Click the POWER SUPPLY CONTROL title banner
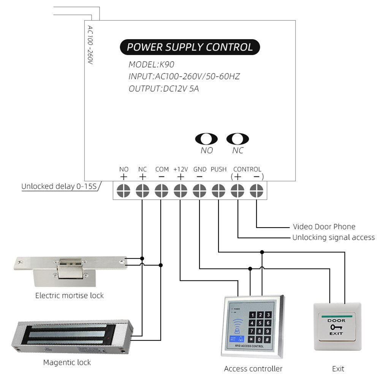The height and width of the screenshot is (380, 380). [x=190, y=47]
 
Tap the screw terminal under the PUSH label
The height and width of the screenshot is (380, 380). [x=218, y=190]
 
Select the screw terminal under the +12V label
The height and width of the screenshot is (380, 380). [x=180, y=190]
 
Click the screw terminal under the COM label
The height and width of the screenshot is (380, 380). [x=161, y=190]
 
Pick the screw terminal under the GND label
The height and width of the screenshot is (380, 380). [x=199, y=190]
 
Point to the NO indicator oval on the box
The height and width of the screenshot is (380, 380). [x=206, y=139]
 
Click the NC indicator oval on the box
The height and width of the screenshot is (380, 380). [x=237, y=139]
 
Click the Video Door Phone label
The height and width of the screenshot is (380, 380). [x=324, y=227]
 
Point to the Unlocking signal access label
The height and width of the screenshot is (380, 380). [x=333, y=237]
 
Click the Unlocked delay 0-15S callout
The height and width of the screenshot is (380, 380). [x=59, y=187]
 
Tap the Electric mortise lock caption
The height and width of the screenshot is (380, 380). [x=69, y=295]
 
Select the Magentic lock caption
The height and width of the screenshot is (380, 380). [x=67, y=362]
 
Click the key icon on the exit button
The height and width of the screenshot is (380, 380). [x=336, y=327]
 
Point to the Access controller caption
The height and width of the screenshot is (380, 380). [x=253, y=369]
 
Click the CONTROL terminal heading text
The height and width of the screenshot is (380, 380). [x=247, y=169]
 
